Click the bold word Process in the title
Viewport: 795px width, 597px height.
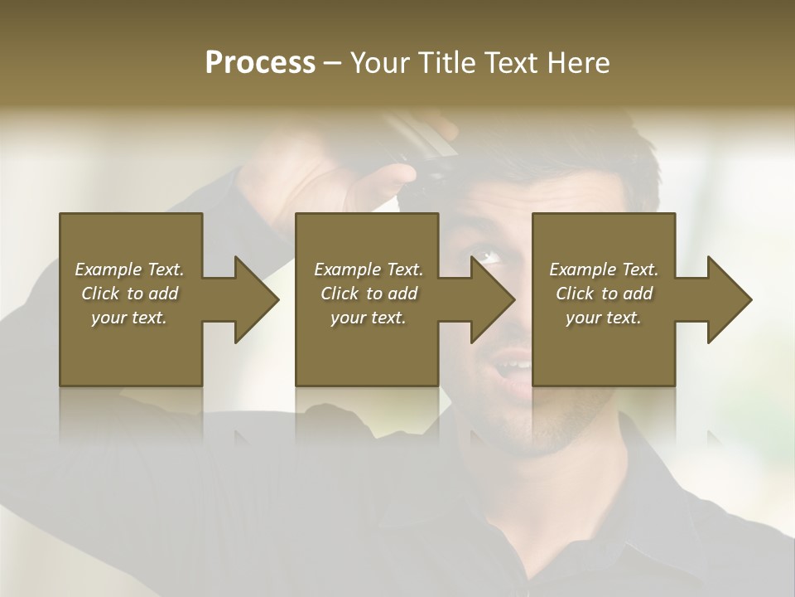pyautogui.click(x=260, y=63)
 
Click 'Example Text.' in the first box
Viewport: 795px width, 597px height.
pyautogui.click(x=129, y=269)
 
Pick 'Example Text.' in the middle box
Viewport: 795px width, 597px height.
pyautogui.click(x=368, y=269)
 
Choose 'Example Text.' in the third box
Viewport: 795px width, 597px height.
pyautogui.click(x=604, y=269)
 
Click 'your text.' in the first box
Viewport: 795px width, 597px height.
pyautogui.click(x=129, y=318)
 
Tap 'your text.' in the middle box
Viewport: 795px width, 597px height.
pyautogui.click(x=368, y=318)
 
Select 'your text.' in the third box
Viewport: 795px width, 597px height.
pyautogui.click(x=604, y=318)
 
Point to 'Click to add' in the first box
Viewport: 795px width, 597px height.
pyautogui.click(x=129, y=294)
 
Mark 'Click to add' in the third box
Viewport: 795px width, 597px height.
pyautogui.click(x=604, y=294)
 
